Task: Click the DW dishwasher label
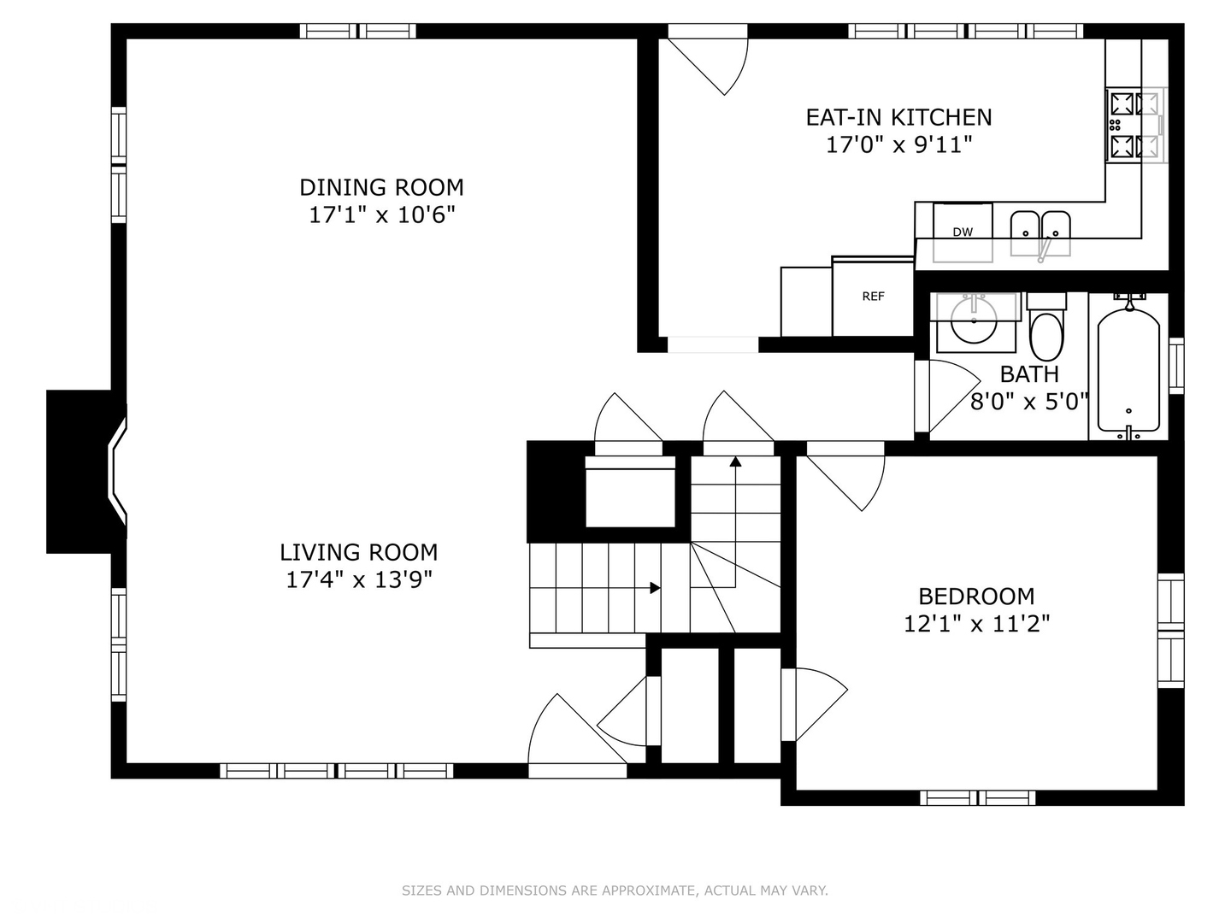(x=963, y=232)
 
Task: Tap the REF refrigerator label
(x=873, y=297)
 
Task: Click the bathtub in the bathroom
(x=1128, y=371)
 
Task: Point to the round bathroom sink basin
(x=974, y=320)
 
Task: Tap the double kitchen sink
(x=1040, y=234)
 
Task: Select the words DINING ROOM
(x=381, y=188)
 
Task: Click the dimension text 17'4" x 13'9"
(x=359, y=579)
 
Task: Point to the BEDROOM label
(x=976, y=597)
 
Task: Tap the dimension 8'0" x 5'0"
(x=1029, y=402)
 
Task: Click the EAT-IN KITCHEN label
(x=899, y=118)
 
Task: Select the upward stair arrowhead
(x=735, y=461)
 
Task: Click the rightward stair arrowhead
(x=655, y=588)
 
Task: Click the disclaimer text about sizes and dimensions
(x=615, y=891)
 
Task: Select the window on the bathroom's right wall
(x=1176, y=366)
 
